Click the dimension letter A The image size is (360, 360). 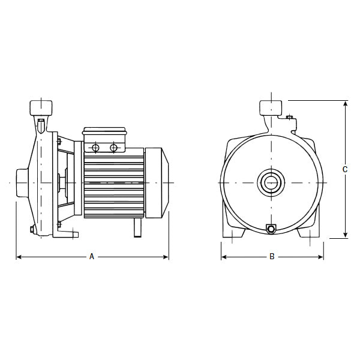(92, 257)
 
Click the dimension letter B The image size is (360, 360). (272, 257)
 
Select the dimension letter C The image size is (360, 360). (345, 170)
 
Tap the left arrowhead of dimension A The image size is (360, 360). (18, 257)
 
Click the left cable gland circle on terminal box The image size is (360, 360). (95, 147)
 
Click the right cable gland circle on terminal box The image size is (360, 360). (113, 147)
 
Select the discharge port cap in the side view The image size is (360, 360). (40, 109)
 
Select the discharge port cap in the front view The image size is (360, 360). (271, 109)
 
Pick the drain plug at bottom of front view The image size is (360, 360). (271, 229)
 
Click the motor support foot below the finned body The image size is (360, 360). (137, 227)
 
